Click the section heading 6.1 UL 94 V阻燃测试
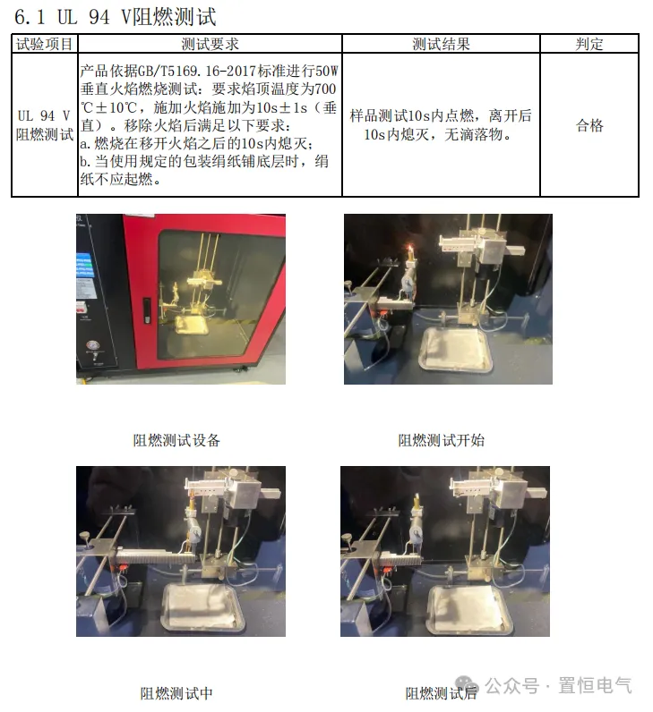115,17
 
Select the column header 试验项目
44,44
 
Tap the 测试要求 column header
210,44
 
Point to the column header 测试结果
441,44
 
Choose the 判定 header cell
589,44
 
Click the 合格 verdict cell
589,125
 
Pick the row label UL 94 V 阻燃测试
44,125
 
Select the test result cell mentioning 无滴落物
441,125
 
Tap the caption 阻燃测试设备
176,440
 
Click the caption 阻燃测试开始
442,440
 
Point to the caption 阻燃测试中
176,693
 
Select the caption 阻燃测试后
442,693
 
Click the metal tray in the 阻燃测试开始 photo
457,352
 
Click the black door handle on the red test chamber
148,308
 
